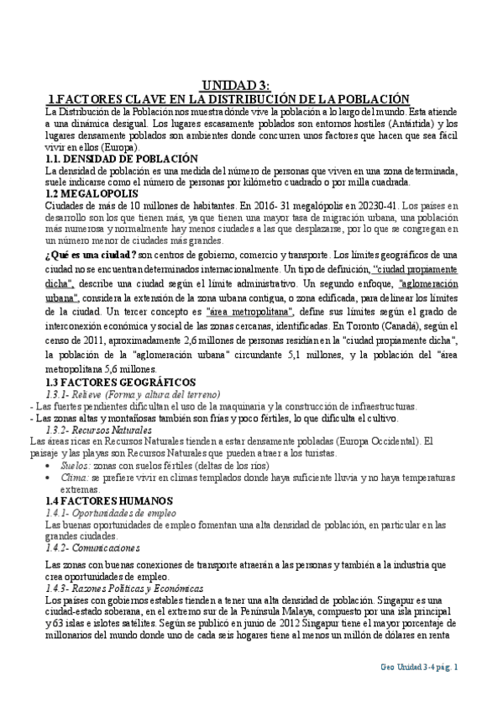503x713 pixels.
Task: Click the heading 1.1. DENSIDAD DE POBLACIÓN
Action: [x=121, y=158]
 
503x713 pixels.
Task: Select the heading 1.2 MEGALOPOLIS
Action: [x=88, y=193]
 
